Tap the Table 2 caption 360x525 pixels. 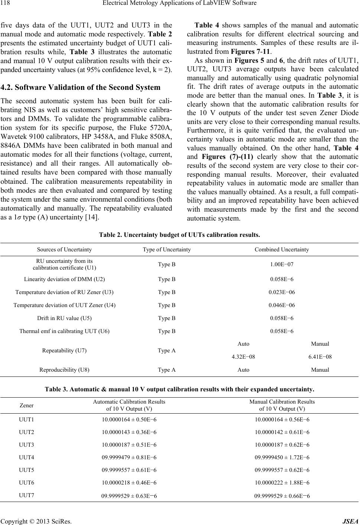tap(179, 235)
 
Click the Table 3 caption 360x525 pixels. tap(179, 389)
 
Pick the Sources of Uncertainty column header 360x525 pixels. tap(65, 250)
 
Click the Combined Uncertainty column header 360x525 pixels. tap(282, 250)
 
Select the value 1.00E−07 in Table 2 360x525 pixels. tap(282, 264)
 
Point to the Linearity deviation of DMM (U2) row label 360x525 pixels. tap(65, 279)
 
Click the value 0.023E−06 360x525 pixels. tap(282, 292)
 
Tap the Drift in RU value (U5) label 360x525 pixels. tap(65, 318)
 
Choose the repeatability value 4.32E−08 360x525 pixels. tap(243, 357)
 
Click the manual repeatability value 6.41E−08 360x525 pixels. tap(320, 357)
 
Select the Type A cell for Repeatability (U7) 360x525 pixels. tap(167, 350)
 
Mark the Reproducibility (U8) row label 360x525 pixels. tap(65, 370)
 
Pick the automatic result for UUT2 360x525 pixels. tap(129, 432)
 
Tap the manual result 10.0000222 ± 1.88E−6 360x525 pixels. tap(282, 483)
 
